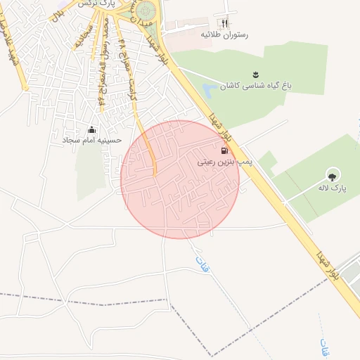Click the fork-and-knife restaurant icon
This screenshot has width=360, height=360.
pyautogui.click(x=224, y=22)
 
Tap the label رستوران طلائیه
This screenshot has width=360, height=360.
pyautogui.click(x=224, y=34)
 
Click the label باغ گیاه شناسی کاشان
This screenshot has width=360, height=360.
pyautogui.click(x=256, y=86)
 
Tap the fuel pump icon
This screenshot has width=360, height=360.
pyautogui.click(x=224, y=150)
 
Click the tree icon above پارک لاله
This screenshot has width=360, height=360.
pyautogui.click(x=332, y=176)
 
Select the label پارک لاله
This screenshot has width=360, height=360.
pyautogui.click(x=337, y=188)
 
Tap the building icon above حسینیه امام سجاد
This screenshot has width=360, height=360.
pyautogui.click(x=92, y=129)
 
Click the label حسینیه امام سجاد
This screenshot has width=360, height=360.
pyautogui.click(x=92, y=140)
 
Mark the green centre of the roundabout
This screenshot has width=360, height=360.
pyautogui.click(x=146, y=11)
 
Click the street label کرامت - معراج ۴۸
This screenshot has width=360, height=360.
pyautogui.click(x=129, y=67)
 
